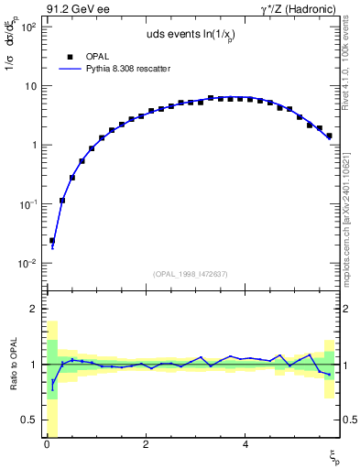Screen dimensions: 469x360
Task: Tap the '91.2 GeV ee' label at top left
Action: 76,9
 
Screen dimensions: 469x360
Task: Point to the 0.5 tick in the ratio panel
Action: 27,420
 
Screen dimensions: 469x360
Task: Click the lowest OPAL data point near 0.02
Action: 52,241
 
